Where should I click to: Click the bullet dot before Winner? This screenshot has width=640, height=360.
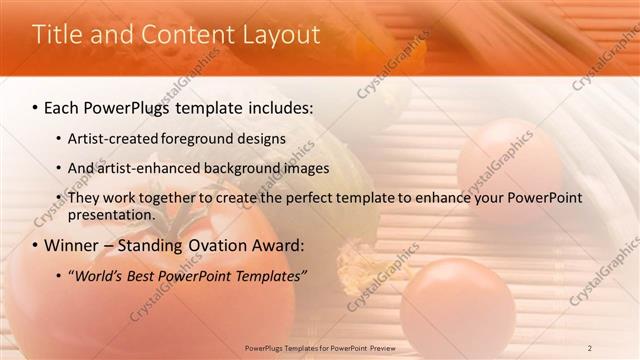[x=36, y=246]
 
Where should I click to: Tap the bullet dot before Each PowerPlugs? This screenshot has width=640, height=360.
[x=36, y=106]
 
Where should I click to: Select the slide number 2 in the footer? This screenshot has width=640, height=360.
[x=590, y=347]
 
